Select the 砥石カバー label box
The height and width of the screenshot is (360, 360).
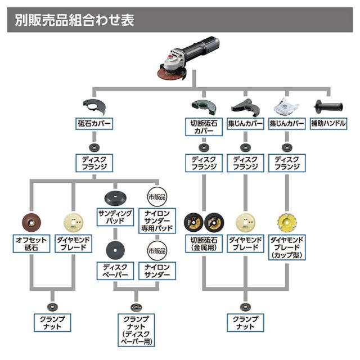(x=95, y=124)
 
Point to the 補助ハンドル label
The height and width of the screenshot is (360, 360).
(x=328, y=124)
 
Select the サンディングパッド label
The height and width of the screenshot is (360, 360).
(x=115, y=217)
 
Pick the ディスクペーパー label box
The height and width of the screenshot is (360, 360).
(x=115, y=271)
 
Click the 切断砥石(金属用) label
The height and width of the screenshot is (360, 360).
(x=202, y=243)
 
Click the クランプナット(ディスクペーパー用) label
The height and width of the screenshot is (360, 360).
(x=135, y=331)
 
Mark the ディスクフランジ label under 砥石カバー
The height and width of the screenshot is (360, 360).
(x=95, y=164)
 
